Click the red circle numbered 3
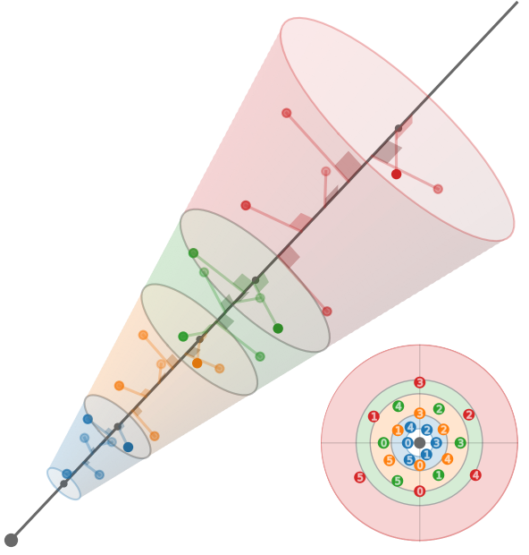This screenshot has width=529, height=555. [419, 382]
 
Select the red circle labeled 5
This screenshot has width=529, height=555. [360, 477]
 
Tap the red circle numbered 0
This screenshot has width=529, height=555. [419, 491]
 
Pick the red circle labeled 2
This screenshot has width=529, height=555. [468, 414]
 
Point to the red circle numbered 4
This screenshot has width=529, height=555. [475, 475]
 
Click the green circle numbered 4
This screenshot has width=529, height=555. [399, 406]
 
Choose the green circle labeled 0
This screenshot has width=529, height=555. [383, 443]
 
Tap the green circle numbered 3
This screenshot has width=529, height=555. [460, 443]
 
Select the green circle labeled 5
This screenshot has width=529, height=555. [398, 481]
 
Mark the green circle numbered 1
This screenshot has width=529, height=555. [439, 475]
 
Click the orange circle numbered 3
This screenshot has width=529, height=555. [419, 413]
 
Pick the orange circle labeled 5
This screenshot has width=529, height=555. [389, 460]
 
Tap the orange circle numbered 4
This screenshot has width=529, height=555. [448, 459]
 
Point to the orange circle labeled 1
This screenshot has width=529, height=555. [398, 431]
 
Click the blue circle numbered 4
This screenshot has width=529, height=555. [410, 428]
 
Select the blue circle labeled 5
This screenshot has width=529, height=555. [409, 460]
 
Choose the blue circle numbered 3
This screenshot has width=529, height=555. [436, 443]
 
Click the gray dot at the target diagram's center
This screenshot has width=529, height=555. [419, 443]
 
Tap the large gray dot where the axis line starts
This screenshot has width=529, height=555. [11, 540]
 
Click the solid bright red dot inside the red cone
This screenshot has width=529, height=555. [396, 175]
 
